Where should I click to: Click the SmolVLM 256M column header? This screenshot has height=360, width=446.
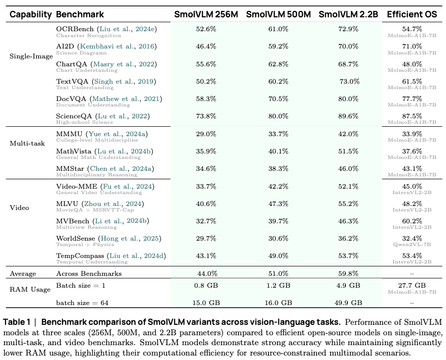pos(206,14)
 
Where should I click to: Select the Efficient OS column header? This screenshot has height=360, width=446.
pos(412,14)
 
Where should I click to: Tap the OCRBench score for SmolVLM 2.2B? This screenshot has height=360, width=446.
pos(348,29)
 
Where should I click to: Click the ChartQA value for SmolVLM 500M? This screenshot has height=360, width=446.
pos(278,64)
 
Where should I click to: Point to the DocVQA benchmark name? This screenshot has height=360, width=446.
pos(71,99)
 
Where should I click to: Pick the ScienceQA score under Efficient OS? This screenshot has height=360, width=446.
pos(412,116)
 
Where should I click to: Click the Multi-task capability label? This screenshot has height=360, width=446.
pos(27,143)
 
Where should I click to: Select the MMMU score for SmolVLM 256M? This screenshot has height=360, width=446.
pos(206,134)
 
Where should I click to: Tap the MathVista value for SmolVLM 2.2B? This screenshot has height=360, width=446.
pos(348,152)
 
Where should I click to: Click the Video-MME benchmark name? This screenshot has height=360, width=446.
pos(76,186)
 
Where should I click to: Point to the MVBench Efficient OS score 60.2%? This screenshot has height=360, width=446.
pos(412,221)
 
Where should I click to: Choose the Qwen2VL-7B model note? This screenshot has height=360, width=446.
pos(412,244)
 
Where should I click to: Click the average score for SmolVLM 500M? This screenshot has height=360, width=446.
pos(278,274)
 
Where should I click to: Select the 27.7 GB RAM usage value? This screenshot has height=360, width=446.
pos(412,285)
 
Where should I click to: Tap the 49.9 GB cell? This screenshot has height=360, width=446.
pos(348,303)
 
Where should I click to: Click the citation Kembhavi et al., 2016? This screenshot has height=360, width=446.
pos(118,47)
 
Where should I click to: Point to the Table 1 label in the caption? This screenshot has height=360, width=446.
pos(16,322)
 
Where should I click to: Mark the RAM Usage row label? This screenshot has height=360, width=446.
pos(30,290)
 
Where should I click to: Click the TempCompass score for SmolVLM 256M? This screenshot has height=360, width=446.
pos(206,256)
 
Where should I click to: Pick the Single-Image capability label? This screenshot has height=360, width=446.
pos(31,56)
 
